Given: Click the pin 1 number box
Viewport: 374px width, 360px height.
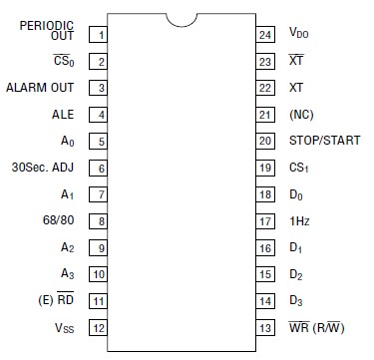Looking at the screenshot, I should pyautogui.click(x=99, y=34).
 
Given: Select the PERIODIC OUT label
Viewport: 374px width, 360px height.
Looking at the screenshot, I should pyautogui.click(x=47, y=30).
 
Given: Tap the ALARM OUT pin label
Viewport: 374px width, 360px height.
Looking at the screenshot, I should pyautogui.click(x=41, y=88).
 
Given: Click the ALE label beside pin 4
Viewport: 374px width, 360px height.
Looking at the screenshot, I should pyautogui.click(x=63, y=115).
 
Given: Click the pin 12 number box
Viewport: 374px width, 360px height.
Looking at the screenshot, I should pyautogui.click(x=99, y=327).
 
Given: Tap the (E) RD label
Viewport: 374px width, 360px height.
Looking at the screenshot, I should pyautogui.click(x=55, y=300).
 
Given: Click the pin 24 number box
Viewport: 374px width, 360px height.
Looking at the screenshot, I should pyautogui.click(x=264, y=34).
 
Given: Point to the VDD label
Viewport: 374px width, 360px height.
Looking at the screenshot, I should pyautogui.click(x=299, y=34).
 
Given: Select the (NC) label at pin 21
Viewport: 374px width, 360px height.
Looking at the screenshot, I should pyautogui.click(x=301, y=115).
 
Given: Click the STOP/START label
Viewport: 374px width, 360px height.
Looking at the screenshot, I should pyautogui.click(x=324, y=141).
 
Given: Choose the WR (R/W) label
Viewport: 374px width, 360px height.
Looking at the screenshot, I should pyautogui.click(x=318, y=327).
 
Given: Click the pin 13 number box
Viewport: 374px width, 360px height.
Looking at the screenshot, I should pyautogui.click(x=264, y=327).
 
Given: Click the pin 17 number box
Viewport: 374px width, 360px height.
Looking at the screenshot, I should pyautogui.click(x=264, y=220).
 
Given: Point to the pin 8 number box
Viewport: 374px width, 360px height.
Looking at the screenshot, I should pyautogui.click(x=99, y=220).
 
